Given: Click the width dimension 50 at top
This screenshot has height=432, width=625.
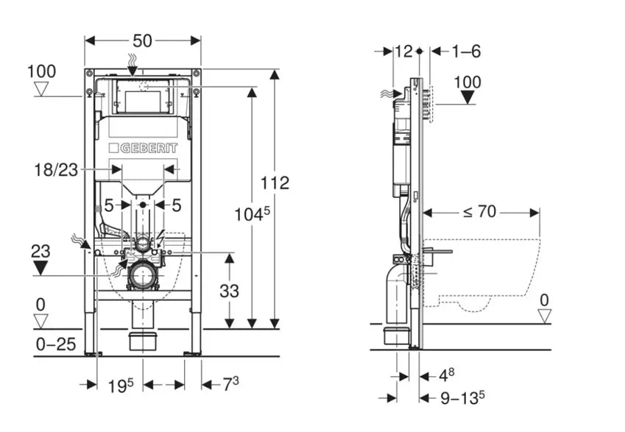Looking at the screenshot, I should (x=142, y=41).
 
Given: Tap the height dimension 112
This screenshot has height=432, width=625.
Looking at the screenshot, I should (x=275, y=183).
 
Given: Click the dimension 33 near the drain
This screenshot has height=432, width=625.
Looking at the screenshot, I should (x=229, y=291).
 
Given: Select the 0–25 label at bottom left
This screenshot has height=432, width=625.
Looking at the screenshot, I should (x=55, y=343).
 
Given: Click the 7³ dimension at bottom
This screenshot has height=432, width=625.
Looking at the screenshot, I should (x=230, y=384).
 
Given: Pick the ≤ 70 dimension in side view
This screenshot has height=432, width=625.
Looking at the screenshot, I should (x=480, y=213).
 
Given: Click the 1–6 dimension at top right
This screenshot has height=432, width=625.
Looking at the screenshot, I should (x=467, y=51).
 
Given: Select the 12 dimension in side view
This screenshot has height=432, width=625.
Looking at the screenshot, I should (x=404, y=51).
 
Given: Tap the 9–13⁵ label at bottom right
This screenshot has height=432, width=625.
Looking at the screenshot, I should (x=461, y=398).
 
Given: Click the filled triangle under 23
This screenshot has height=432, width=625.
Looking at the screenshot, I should (x=40, y=266).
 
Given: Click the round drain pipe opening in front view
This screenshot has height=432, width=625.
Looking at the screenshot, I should (x=141, y=277).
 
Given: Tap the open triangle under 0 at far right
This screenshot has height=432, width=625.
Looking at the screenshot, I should (x=544, y=315).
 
